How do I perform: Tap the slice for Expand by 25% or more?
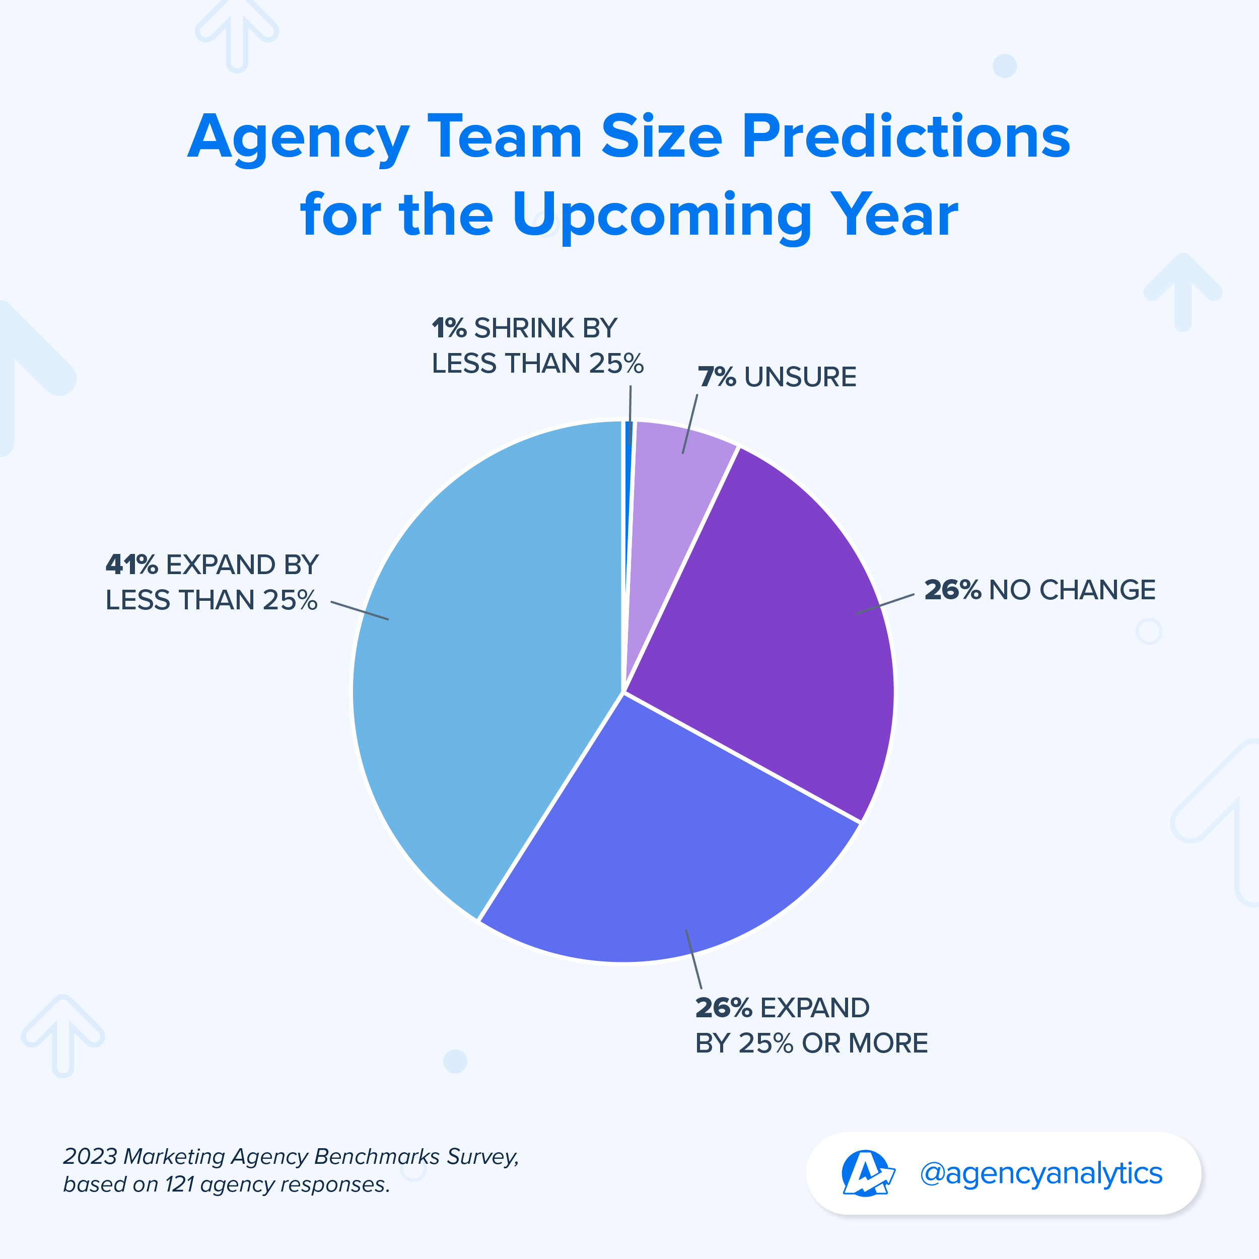(x=671, y=847)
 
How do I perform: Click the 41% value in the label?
(x=131, y=565)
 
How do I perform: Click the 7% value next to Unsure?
(x=717, y=377)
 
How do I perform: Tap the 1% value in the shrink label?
(x=449, y=328)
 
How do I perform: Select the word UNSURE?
(x=800, y=377)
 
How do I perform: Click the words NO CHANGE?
(x=1073, y=590)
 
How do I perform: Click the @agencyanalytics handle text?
(x=1041, y=1173)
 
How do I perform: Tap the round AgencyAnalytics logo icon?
(x=866, y=1173)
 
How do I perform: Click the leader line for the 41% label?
(x=360, y=610)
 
